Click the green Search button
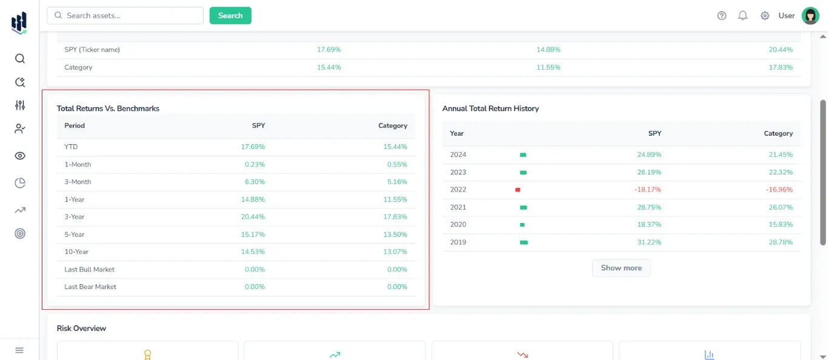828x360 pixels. (x=230, y=16)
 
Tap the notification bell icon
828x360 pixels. (x=743, y=16)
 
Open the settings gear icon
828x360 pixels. (x=765, y=16)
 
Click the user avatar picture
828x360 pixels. (x=810, y=16)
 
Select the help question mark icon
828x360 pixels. (x=721, y=16)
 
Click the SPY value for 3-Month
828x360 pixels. (x=255, y=182)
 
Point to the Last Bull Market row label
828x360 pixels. (x=89, y=270)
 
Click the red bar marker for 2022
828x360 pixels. (x=518, y=190)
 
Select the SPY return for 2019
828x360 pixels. (x=649, y=242)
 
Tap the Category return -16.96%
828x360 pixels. (x=779, y=190)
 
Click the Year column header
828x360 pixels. (x=456, y=133)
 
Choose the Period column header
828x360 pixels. (x=75, y=126)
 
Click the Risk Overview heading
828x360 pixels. (x=81, y=328)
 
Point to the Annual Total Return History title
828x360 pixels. (x=490, y=108)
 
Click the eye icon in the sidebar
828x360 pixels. (x=20, y=156)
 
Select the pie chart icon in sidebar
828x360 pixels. (x=20, y=183)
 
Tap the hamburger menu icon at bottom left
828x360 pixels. (x=19, y=350)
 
